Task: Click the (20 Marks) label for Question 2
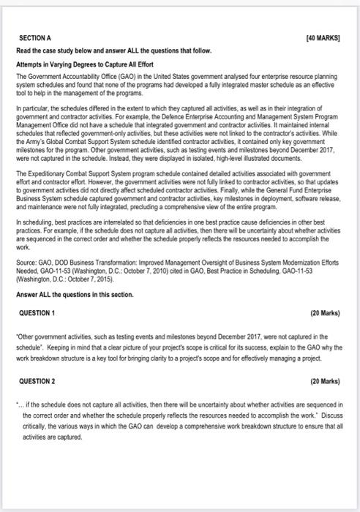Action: [x=325, y=382]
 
